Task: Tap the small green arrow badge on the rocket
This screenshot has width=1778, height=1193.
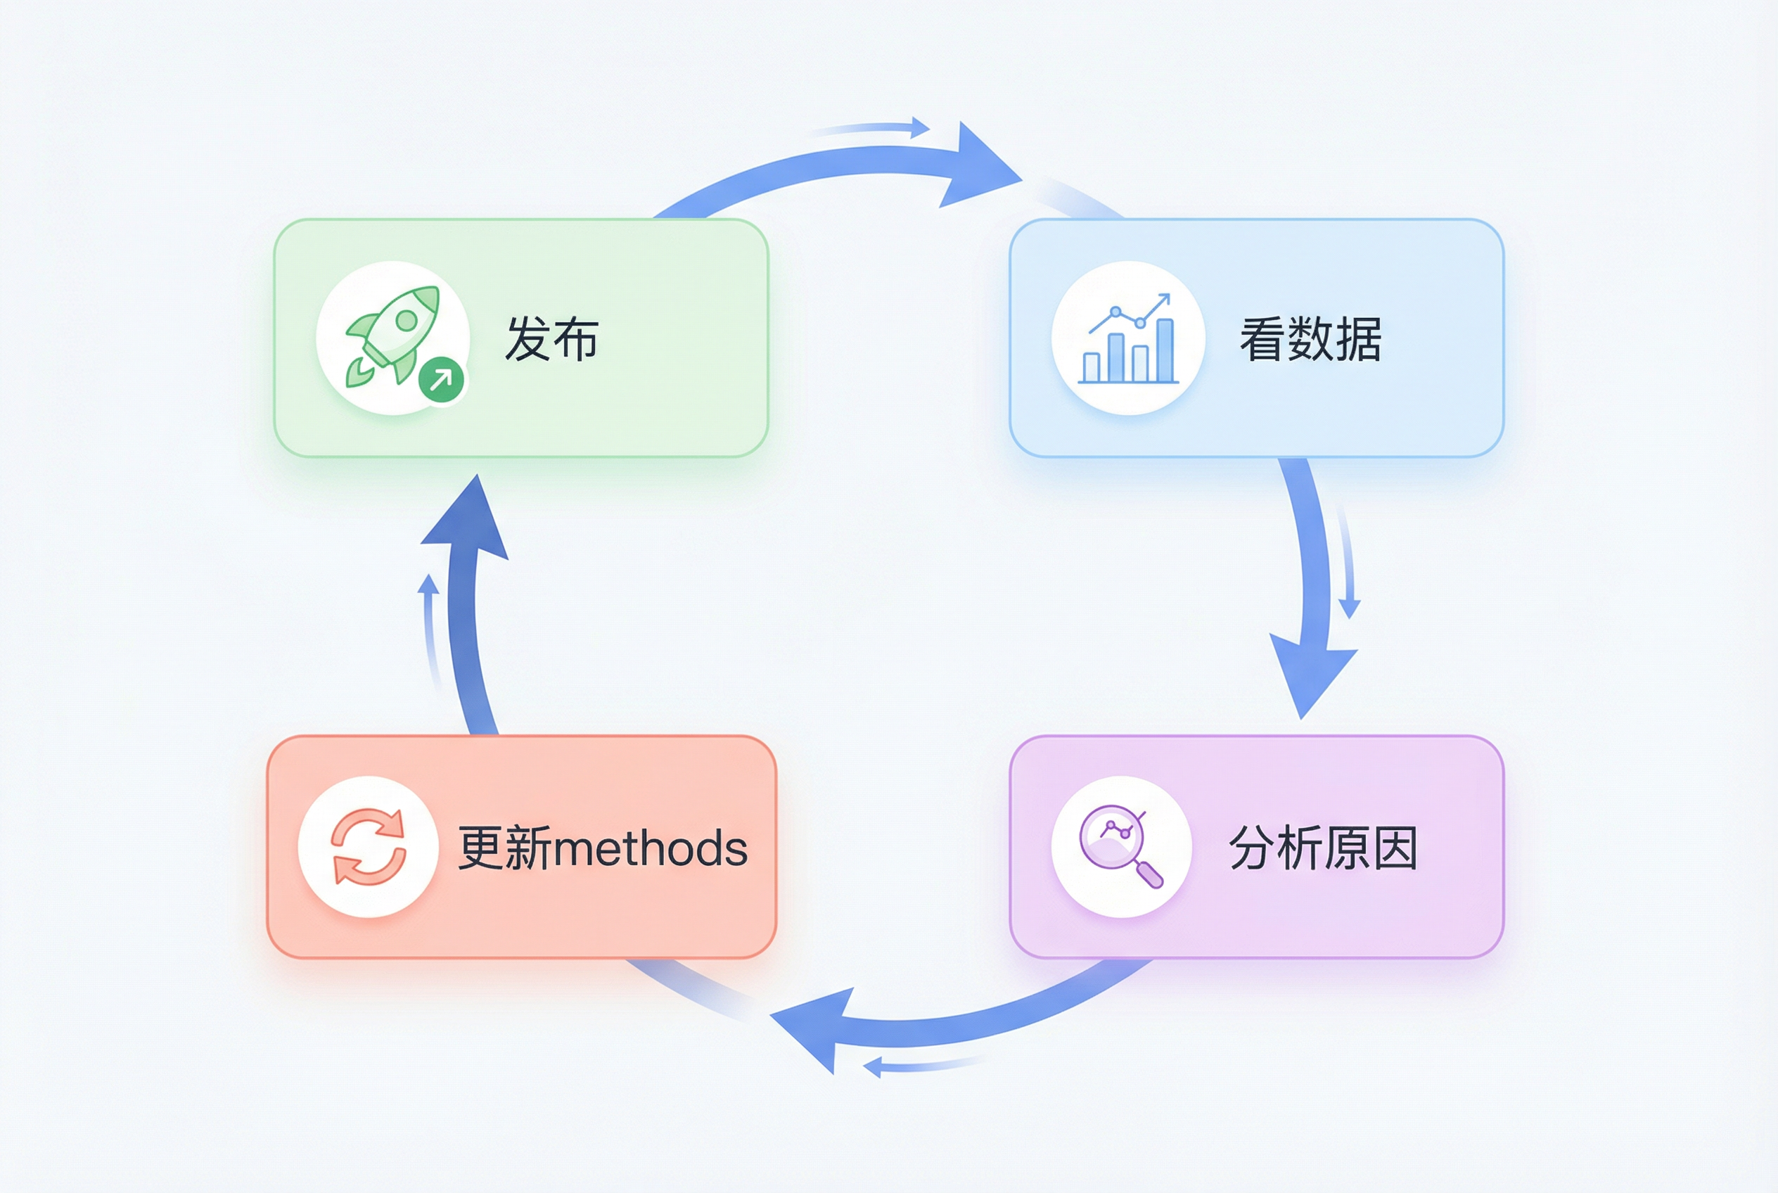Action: coord(441,378)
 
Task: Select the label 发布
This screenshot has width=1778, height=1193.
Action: coord(551,339)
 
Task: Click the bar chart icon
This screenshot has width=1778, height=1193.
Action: coord(1128,339)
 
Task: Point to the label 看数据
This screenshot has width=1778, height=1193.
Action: coord(1310,339)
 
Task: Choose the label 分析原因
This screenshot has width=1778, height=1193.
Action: coord(1323,848)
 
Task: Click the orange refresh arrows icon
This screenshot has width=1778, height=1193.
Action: coord(369,847)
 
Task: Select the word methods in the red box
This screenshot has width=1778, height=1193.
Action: coord(651,848)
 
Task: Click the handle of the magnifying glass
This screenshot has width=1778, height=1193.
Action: coord(1149,874)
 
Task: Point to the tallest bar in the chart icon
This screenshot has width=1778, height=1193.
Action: coord(1164,350)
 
